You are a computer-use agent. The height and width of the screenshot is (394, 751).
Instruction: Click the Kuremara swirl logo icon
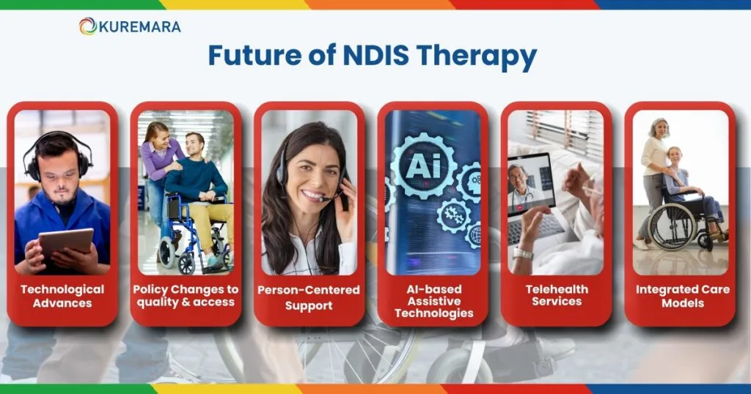(88, 26)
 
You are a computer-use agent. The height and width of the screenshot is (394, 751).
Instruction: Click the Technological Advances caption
(62, 296)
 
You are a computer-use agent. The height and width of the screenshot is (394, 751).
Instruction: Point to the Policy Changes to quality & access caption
(185, 296)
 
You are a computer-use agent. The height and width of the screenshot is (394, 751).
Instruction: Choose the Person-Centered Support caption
(309, 297)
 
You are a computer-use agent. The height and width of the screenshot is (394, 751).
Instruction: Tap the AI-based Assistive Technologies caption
(433, 301)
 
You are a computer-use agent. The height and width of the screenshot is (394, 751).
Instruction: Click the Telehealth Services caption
(557, 296)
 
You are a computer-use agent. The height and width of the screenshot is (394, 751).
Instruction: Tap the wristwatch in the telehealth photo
(522, 253)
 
